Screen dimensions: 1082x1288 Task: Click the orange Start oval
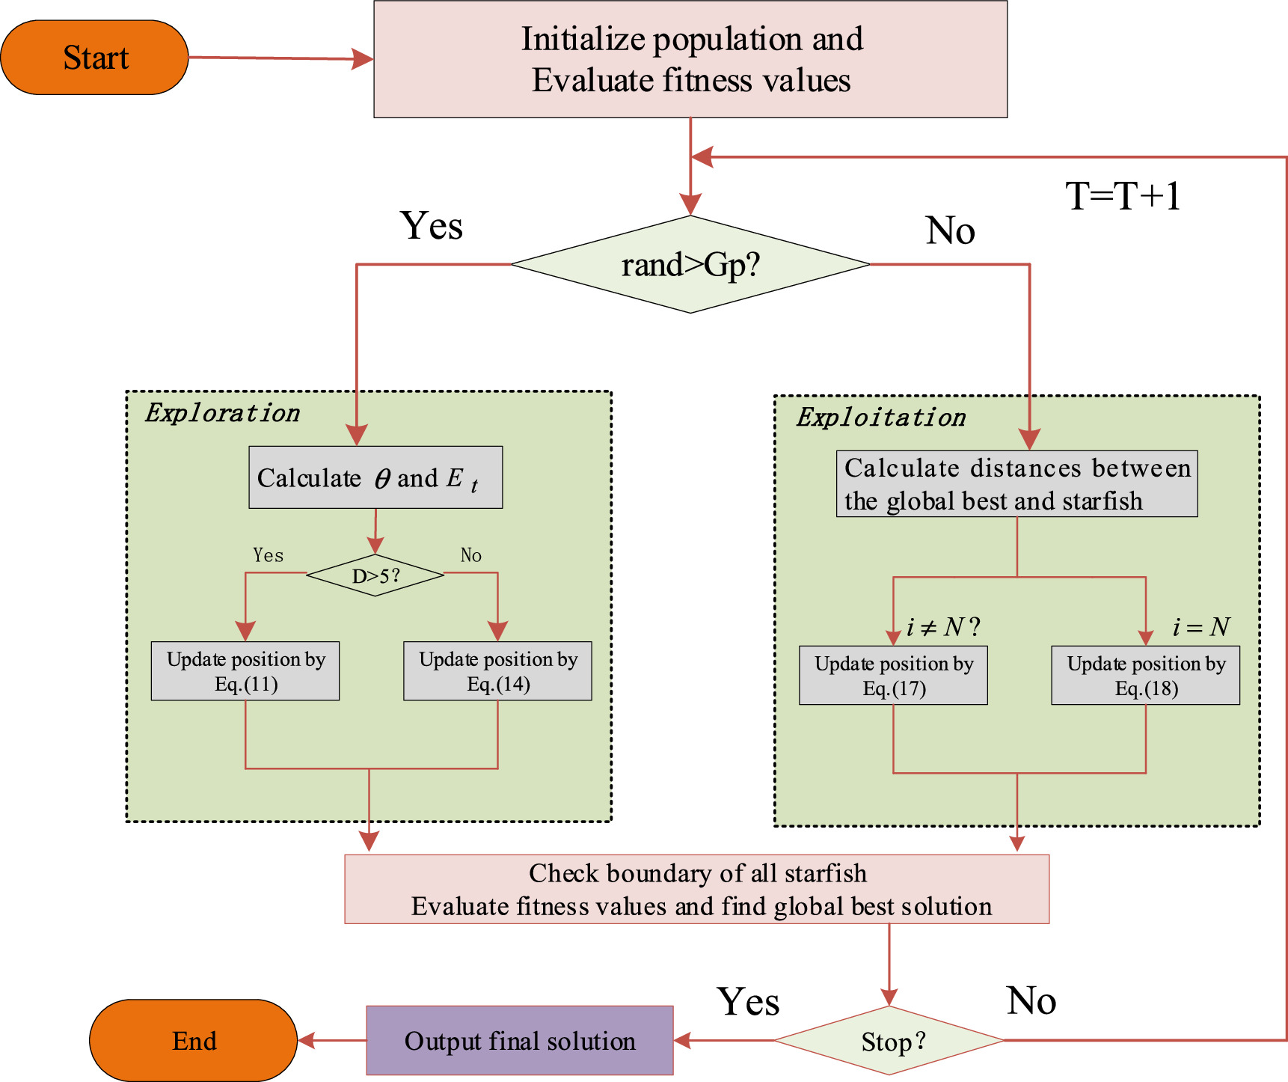point(94,58)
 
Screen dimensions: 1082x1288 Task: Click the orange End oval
point(194,1040)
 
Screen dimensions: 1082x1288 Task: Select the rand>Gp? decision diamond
point(690,265)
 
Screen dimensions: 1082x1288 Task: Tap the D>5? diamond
point(375,575)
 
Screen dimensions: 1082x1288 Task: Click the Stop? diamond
point(889,1041)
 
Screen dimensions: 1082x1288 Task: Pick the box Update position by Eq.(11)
point(245,671)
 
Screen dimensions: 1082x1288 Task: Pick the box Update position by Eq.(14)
point(497,671)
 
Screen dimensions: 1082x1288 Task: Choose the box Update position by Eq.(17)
point(893,676)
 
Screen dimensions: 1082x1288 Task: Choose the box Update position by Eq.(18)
point(1145,676)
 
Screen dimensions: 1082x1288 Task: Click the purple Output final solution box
point(520,1040)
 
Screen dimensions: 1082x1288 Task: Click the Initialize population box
point(690,59)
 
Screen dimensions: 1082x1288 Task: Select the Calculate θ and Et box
point(375,477)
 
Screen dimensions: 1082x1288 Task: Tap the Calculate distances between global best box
point(1016,484)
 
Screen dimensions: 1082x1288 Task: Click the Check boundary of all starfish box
point(696,889)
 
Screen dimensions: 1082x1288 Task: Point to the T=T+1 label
point(1123,196)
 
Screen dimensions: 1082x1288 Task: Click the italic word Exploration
point(222,413)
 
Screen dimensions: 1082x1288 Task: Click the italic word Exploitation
point(880,418)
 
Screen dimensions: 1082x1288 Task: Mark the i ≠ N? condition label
point(942,627)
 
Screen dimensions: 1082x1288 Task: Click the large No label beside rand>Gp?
point(950,230)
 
